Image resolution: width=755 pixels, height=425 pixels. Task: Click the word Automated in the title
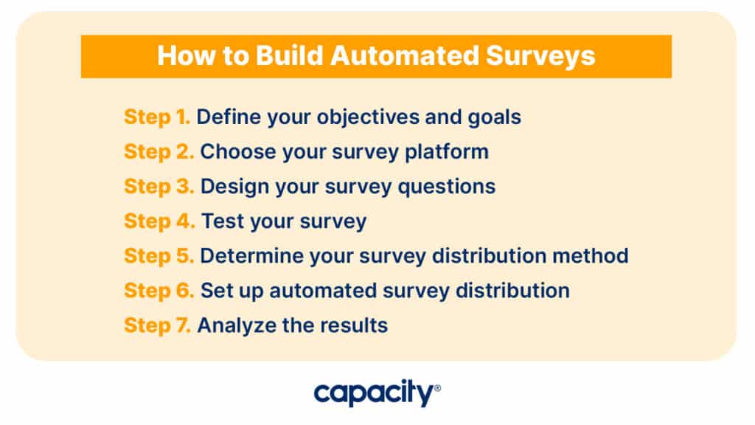(x=405, y=55)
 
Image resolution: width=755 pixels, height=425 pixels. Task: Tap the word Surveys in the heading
(x=540, y=56)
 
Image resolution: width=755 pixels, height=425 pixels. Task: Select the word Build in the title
(x=289, y=55)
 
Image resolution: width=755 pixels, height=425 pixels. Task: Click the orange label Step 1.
(x=157, y=117)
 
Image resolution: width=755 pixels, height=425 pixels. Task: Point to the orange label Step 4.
(x=159, y=221)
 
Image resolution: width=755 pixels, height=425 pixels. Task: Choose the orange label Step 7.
(x=158, y=325)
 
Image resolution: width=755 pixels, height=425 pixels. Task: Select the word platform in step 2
(x=447, y=152)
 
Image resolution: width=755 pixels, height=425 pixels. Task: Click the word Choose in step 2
(x=238, y=152)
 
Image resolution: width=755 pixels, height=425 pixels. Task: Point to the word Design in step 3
(x=235, y=187)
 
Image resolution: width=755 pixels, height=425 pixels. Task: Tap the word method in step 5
(x=591, y=256)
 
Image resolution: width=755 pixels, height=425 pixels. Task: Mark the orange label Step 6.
(x=159, y=291)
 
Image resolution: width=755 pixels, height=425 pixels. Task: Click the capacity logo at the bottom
(x=377, y=393)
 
